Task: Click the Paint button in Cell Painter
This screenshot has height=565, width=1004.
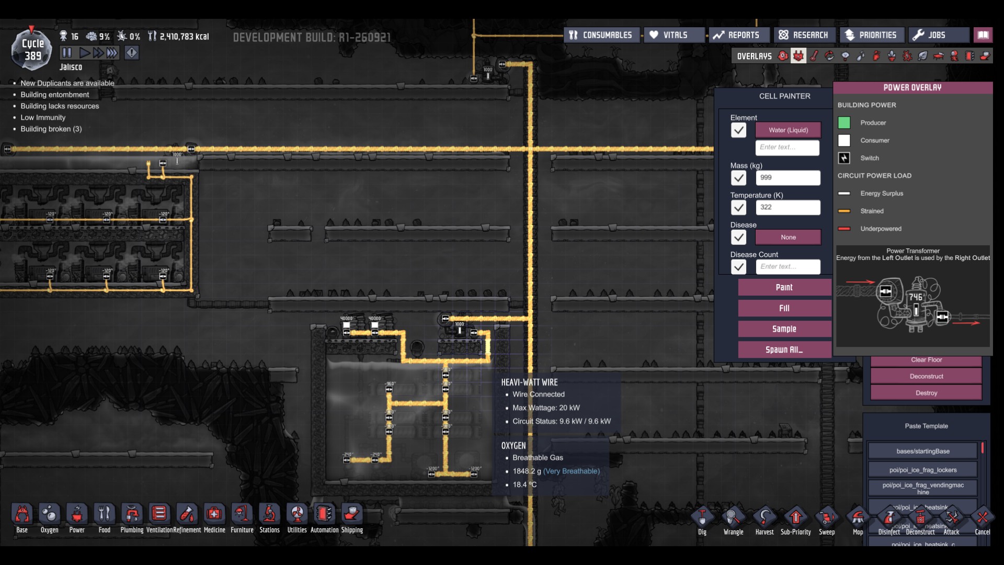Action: click(784, 287)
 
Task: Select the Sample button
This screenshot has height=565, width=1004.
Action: click(784, 329)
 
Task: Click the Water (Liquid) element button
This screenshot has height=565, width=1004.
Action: click(788, 130)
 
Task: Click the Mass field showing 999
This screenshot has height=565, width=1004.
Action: click(788, 178)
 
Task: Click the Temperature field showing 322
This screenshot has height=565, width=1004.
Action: click(788, 208)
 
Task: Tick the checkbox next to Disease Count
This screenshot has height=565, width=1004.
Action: click(738, 267)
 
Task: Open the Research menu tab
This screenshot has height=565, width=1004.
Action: click(804, 35)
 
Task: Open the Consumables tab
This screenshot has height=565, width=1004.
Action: click(601, 35)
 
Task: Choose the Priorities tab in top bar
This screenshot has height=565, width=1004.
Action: click(871, 35)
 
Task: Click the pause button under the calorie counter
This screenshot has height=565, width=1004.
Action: click(66, 53)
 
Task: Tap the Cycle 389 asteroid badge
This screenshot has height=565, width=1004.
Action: click(32, 50)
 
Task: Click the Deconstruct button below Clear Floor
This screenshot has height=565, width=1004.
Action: click(926, 376)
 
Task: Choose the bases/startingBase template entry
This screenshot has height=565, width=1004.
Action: click(922, 451)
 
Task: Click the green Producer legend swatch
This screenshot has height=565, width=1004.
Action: click(844, 123)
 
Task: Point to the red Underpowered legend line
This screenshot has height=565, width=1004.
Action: click(844, 229)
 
